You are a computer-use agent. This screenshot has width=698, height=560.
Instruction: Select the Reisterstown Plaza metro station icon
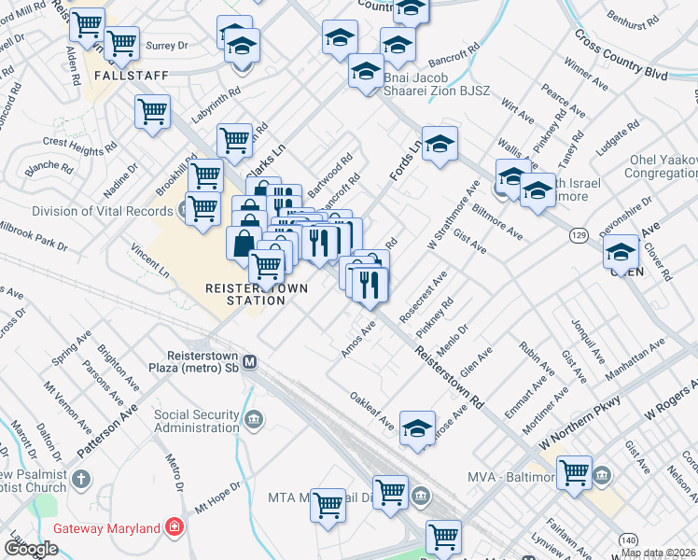(250, 361)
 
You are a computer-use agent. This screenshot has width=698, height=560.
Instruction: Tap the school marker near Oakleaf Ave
(417, 427)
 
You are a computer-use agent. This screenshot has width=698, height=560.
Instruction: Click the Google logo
(31, 548)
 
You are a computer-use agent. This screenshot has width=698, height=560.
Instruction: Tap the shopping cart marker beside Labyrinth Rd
(152, 112)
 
